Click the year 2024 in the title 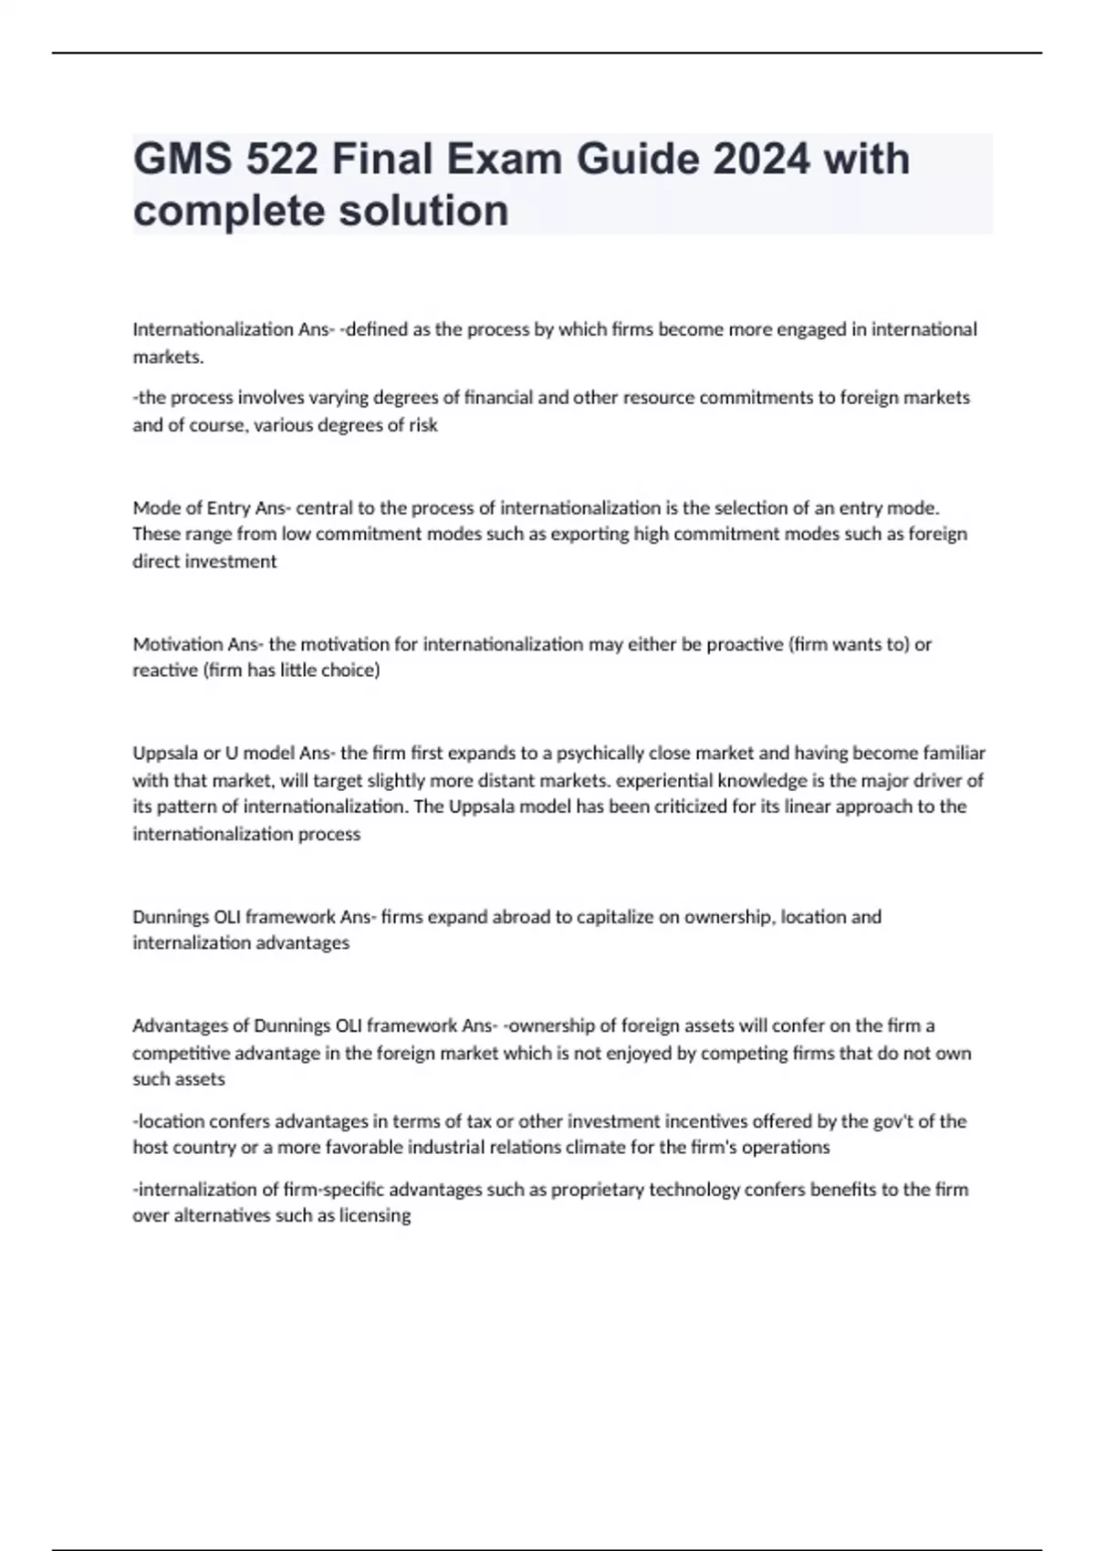761,159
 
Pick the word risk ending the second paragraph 422,425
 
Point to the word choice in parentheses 349,671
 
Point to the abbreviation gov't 881,1121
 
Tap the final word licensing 375,1216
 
